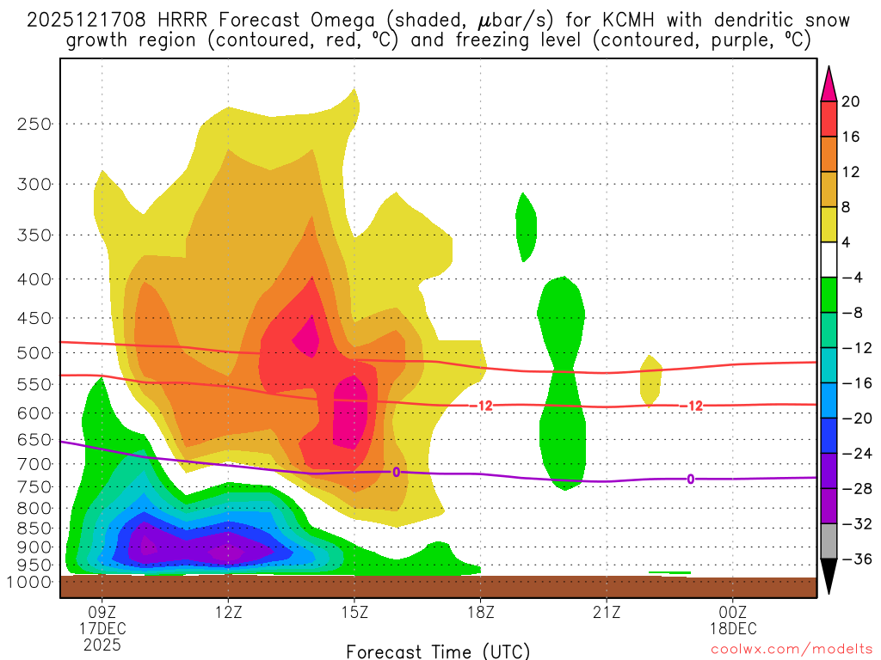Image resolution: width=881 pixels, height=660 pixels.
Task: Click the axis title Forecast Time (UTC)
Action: point(438,651)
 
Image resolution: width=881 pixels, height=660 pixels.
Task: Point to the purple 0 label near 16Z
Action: point(396,472)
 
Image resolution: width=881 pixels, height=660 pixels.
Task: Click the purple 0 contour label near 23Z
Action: point(690,479)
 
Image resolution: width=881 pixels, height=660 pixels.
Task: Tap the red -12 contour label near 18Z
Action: point(484,406)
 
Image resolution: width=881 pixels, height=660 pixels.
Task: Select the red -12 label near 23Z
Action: point(691,406)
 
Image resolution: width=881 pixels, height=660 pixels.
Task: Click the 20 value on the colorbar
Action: point(851,101)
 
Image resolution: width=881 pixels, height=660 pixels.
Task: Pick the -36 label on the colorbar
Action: point(854,559)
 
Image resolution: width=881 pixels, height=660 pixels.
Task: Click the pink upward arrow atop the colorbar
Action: point(829,84)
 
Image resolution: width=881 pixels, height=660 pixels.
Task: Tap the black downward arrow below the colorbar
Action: point(829,577)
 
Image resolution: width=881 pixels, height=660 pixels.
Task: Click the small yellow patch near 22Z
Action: point(650,379)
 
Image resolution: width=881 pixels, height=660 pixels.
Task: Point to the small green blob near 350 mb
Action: point(526,227)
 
